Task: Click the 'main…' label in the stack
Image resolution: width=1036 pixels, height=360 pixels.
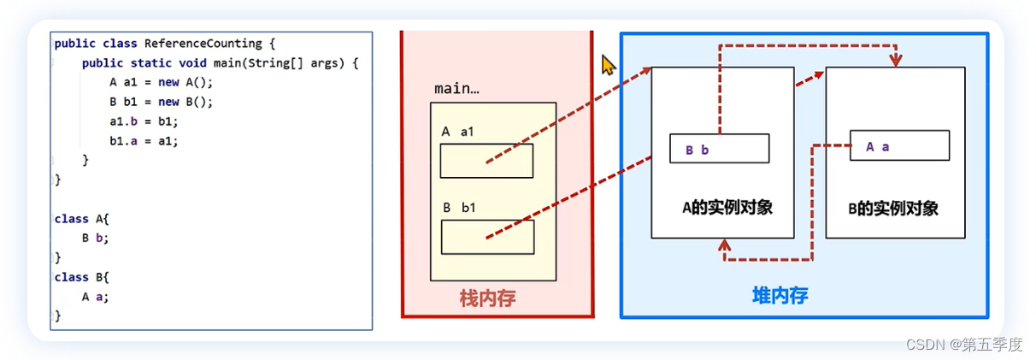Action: click(456, 89)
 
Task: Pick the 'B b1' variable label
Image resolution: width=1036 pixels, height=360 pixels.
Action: click(458, 208)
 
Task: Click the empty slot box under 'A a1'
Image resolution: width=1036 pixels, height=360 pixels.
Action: click(486, 160)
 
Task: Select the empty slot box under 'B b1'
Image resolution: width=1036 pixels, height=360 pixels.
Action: click(487, 237)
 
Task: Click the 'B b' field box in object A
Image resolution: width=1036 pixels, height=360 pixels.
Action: click(718, 149)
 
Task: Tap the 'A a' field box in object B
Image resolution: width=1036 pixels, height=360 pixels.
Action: click(898, 146)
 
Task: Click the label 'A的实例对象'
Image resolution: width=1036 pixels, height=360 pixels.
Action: click(727, 208)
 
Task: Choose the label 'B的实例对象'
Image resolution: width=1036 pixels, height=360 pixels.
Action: click(894, 209)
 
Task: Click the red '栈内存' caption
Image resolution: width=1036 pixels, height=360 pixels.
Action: click(487, 298)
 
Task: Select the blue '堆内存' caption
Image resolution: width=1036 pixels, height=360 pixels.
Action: click(780, 297)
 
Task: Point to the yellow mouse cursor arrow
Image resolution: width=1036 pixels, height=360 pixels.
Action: click(608, 65)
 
